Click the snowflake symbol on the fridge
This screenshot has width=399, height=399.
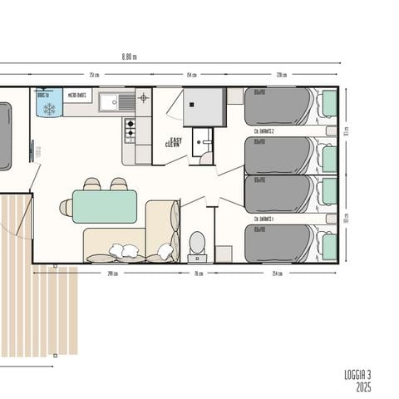(48, 108)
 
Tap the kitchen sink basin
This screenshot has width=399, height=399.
(108, 101)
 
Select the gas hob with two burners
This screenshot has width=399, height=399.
(130, 131)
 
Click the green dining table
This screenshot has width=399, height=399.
(105, 206)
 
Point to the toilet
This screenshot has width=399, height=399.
(197, 244)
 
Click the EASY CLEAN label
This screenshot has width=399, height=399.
(173, 142)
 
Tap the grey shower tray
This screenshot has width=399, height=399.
(204, 106)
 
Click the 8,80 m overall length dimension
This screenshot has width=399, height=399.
(128, 57)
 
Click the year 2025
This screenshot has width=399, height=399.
(363, 387)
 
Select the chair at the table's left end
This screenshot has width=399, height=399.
(66, 208)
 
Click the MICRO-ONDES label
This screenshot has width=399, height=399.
(77, 95)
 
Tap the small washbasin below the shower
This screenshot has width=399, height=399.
(203, 140)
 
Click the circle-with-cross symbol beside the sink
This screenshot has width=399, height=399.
(143, 98)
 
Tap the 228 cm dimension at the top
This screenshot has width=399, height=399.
(282, 75)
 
